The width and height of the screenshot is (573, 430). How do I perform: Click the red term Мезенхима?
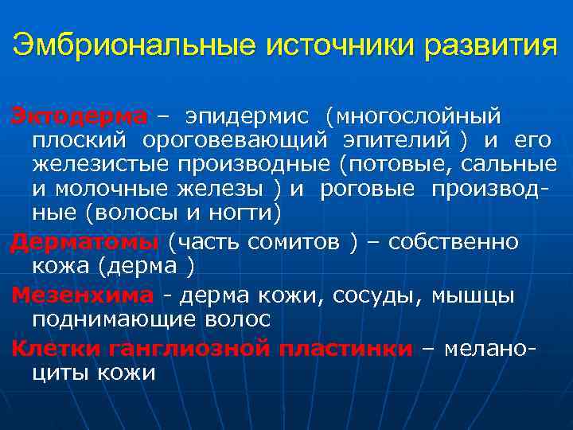(82, 295)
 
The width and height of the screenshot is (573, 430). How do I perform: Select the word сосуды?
(381, 295)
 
